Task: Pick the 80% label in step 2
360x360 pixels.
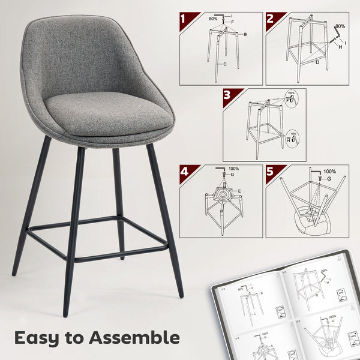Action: [341, 27]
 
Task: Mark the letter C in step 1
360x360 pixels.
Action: [225, 64]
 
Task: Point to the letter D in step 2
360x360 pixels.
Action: [317, 62]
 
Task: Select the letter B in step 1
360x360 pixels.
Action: [245, 35]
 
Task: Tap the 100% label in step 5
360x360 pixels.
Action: [329, 172]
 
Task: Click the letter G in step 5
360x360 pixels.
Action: [329, 179]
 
